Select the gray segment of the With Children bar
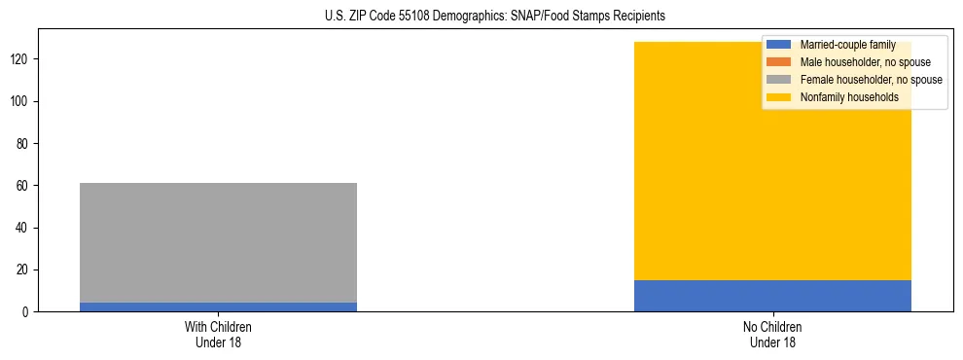[x=218, y=242]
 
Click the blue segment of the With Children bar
[x=218, y=307]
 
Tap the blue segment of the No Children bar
[x=772, y=296]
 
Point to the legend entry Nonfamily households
[x=849, y=97]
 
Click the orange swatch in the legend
[x=779, y=62]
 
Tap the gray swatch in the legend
[x=779, y=80]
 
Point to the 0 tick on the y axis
[x=28, y=312]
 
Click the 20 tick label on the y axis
[x=25, y=270]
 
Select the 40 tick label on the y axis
[x=25, y=228]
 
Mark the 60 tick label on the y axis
[x=25, y=186]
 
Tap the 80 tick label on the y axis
[x=25, y=144]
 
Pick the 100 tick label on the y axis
[x=22, y=101]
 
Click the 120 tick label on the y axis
[x=22, y=59]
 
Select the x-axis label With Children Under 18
[x=218, y=334]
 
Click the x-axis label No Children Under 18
[x=772, y=334]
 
